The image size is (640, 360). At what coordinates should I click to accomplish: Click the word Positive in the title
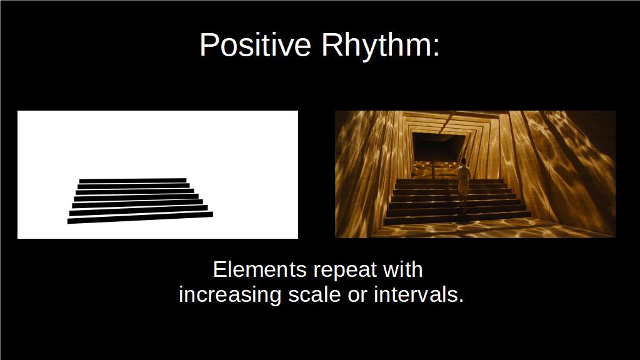click(256, 44)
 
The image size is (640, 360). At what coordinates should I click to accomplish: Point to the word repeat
click(345, 271)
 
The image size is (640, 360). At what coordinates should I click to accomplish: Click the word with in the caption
click(402, 269)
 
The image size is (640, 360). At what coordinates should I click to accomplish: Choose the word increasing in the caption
click(230, 296)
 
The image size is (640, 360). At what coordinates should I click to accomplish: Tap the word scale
click(314, 295)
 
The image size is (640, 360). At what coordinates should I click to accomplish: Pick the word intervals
click(419, 295)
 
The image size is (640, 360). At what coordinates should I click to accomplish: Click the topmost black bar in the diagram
click(133, 181)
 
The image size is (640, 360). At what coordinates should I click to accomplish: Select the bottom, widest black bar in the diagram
click(140, 217)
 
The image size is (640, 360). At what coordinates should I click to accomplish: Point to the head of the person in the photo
click(464, 161)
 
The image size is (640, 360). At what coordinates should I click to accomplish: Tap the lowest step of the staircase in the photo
click(457, 218)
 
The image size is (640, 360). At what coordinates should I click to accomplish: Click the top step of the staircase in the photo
click(449, 181)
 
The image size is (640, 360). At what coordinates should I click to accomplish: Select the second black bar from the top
click(134, 186)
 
